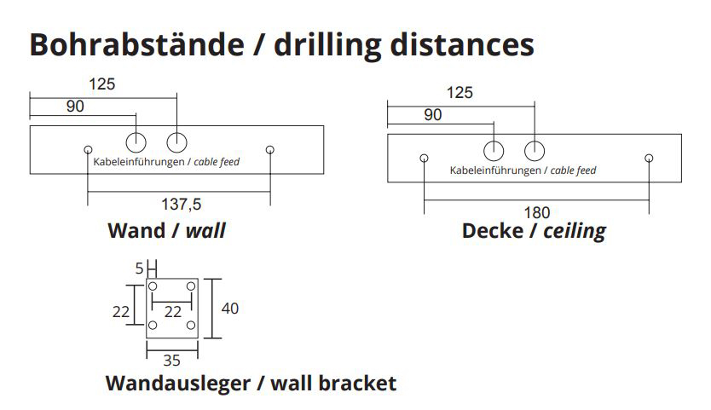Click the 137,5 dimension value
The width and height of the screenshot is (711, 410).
point(181,203)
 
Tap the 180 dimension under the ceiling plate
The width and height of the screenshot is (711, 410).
point(537,211)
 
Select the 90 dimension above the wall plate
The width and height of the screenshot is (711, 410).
point(75,107)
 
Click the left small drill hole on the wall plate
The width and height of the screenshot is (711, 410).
point(88,150)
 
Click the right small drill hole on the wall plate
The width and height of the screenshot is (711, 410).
point(270,150)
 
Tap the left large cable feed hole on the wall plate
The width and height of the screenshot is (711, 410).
point(137,141)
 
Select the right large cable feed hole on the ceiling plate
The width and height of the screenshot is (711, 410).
point(535,151)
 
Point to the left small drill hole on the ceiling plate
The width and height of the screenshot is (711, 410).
point(425,158)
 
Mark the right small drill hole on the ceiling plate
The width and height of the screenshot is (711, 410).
point(649,158)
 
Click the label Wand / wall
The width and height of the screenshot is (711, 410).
point(167,230)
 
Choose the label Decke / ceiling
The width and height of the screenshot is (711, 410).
point(534,230)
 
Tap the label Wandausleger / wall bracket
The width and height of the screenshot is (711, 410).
point(251,383)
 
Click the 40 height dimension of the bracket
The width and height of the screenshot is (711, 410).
point(230,308)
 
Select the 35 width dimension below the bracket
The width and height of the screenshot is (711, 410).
point(171,360)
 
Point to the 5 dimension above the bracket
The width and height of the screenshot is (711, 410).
point(139,269)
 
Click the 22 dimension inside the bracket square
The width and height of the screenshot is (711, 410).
point(173,312)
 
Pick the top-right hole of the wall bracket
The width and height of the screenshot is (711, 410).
point(191,286)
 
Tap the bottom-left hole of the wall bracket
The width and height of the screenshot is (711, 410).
point(153,326)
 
